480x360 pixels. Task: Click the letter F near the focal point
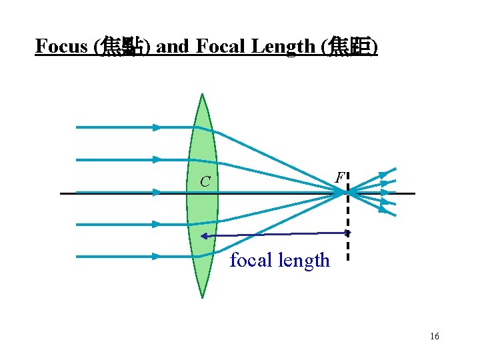tap(340, 178)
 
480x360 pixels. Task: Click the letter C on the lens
tap(206, 181)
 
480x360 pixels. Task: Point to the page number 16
tap(435, 337)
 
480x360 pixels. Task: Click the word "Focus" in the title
tap(62, 47)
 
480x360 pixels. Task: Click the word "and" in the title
tap(174, 47)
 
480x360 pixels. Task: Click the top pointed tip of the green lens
tap(203, 95)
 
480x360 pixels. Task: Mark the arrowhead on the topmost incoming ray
tap(157, 127)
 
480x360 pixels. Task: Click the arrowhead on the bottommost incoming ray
tap(157, 256)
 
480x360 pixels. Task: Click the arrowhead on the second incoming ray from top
tap(157, 159)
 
